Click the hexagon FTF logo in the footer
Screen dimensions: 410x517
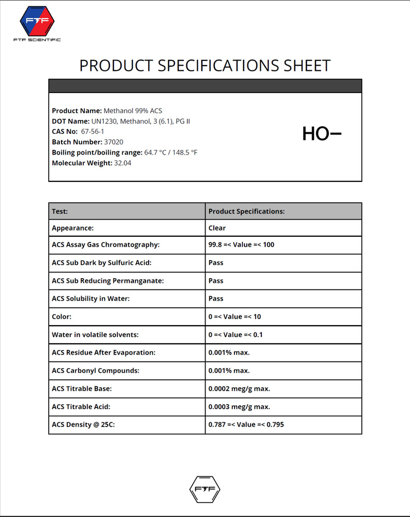[x=205, y=489]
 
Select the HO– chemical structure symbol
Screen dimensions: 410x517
[x=321, y=134]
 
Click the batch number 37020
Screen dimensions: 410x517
[x=114, y=142]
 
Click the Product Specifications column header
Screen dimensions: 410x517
[x=246, y=211]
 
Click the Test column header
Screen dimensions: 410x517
[x=60, y=211]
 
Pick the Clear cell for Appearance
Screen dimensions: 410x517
[x=217, y=227]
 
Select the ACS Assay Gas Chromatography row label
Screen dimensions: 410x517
[x=106, y=245]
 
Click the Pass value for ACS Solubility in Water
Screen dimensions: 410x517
[x=216, y=298]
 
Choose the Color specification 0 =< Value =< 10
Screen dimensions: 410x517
[x=235, y=316]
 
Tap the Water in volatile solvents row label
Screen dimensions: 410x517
[x=95, y=334]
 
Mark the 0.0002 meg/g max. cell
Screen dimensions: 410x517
[x=239, y=389]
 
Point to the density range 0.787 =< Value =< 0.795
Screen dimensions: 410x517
[x=246, y=425]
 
